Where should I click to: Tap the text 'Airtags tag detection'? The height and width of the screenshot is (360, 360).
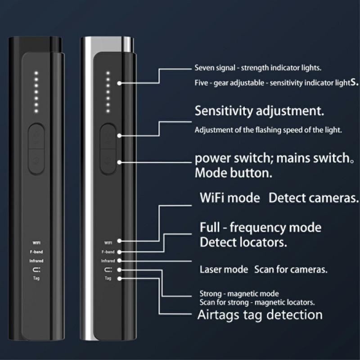[x=260, y=315]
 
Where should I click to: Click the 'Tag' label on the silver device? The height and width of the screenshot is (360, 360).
[x=108, y=279]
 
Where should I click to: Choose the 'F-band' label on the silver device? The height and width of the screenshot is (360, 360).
[x=108, y=252]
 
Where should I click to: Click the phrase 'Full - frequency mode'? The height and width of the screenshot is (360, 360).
[x=260, y=227]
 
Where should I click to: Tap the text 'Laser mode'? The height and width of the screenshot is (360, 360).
[x=224, y=270]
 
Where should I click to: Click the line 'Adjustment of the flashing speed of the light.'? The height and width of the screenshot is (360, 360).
[x=268, y=130]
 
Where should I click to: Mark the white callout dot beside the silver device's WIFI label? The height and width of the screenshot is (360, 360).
[x=119, y=243]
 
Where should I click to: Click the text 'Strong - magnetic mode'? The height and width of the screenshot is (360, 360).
[x=239, y=294]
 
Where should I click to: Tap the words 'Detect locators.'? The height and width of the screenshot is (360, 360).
[x=243, y=243]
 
